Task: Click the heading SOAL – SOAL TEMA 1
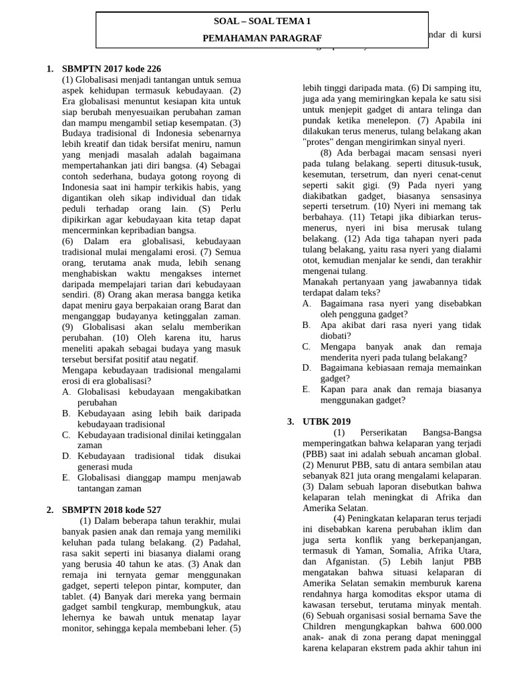(262, 22)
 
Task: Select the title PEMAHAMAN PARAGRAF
(262, 39)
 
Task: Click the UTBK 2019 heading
(326, 421)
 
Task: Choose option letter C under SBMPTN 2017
(66, 435)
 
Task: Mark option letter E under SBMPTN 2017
(66, 478)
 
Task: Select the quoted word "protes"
(318, 142)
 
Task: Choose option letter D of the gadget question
(307, 368)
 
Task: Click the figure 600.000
(466, 625)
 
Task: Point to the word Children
(324, 625)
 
